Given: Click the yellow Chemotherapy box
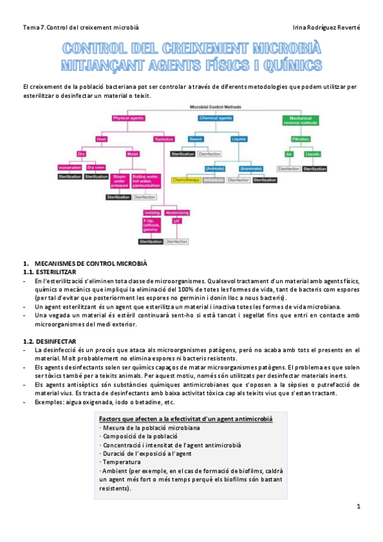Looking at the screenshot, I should pyautogui.click(x=186, y=180).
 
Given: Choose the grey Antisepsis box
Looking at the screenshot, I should pyautogui.click(x=214, y=180).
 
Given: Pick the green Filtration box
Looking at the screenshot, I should pyautogui.click(x=300, y=138).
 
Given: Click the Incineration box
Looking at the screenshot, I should pyautogui.click(x=70, y=167).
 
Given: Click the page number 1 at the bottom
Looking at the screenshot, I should pyautogui.click(x=359, y=507).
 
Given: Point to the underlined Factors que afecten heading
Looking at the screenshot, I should pyautogui.click(x=185, y=419).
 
